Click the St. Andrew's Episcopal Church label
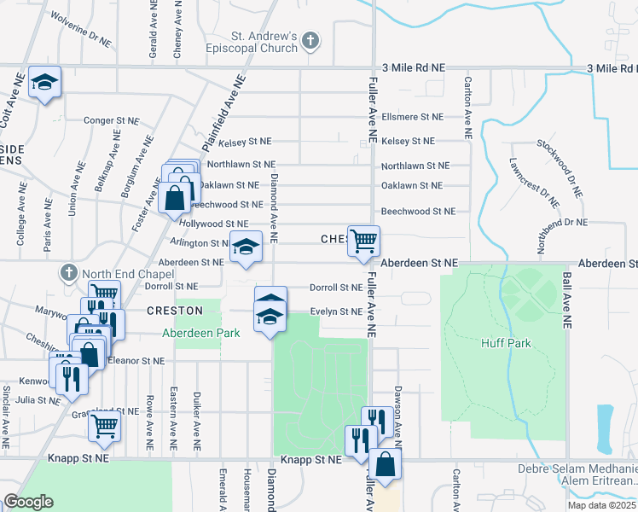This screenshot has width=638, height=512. pos(264,42)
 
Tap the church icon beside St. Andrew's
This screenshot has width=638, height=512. pos(311,40)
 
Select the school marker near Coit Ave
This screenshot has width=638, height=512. pos(44,82)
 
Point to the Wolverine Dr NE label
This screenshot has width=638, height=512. pos(82,28)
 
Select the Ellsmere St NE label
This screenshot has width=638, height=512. pos(413,117)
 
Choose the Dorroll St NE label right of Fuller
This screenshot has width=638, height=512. pos(336,288)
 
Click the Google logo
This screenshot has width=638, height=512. pos(29,502)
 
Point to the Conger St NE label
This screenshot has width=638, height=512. pos(112,121)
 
